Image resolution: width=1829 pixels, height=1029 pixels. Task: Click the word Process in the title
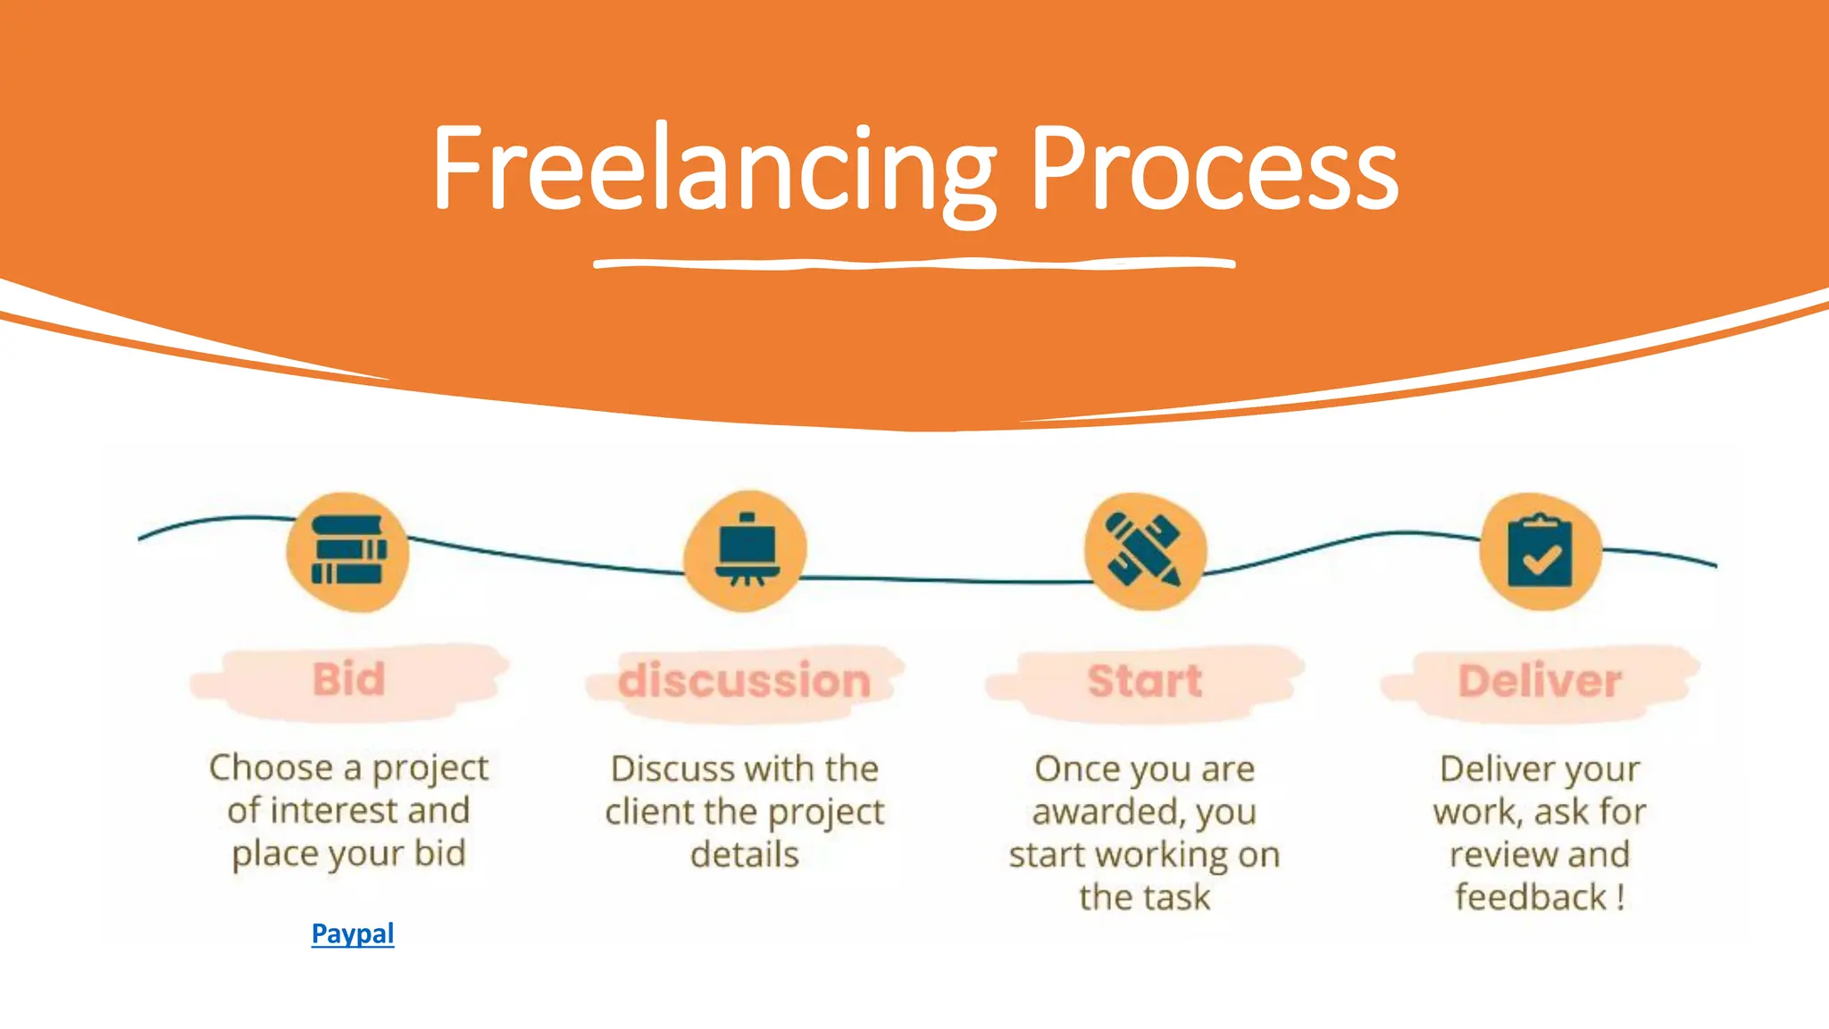[1215, 170]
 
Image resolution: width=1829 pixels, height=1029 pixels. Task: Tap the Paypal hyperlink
[353, 933]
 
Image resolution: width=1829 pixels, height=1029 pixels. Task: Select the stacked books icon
[348, 551]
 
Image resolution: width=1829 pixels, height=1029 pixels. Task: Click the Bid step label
[349, 680]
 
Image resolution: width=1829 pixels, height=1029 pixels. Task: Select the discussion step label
[745, 681]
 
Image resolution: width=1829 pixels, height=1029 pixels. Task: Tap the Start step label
[1145, 681]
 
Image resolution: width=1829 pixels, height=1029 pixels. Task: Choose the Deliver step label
[1540, 681]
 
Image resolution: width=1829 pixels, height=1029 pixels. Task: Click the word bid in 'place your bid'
[440, 853]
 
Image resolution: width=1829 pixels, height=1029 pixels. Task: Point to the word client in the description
[649, 812]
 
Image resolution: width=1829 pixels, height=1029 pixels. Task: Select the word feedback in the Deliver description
[1531, 897]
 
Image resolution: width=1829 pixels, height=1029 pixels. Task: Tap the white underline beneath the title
[914, 264]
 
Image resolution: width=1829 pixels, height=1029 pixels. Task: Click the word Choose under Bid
[271, 768]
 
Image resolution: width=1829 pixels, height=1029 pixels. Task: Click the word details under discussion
[745, 855]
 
